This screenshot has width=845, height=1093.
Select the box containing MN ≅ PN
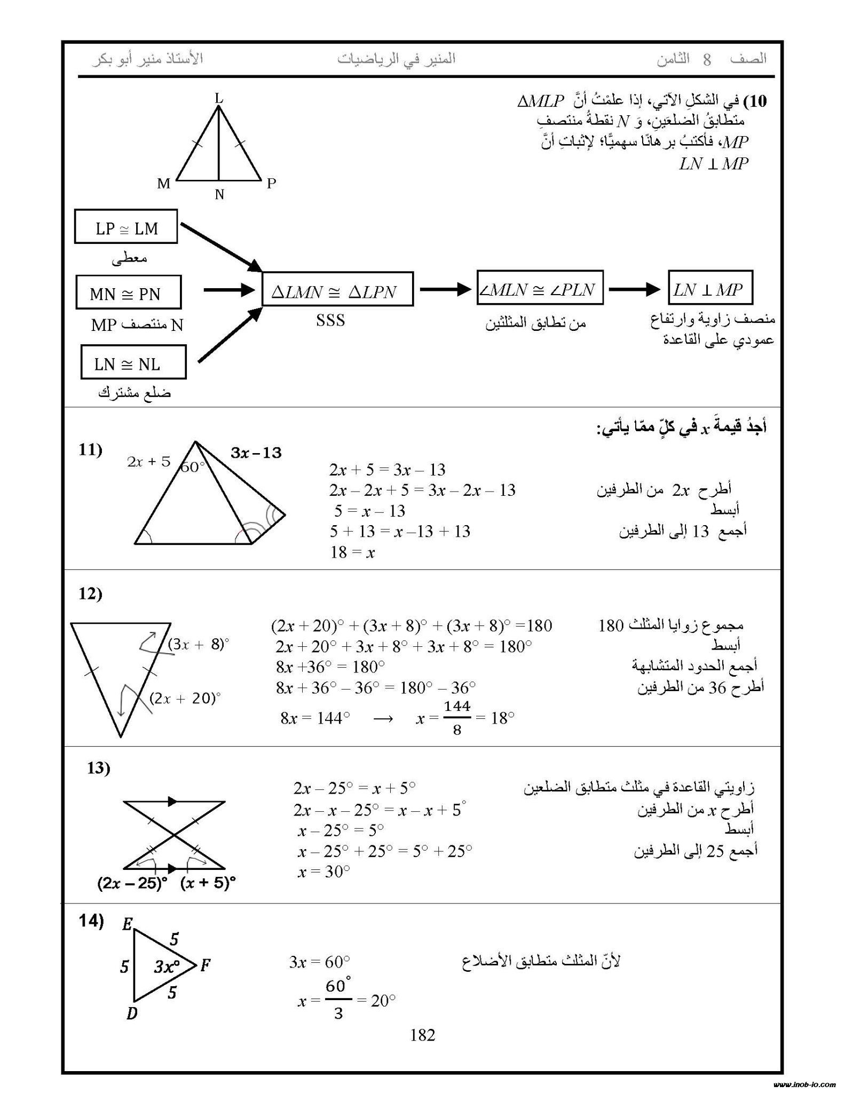point(128,292)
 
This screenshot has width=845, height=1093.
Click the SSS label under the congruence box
point(330,321)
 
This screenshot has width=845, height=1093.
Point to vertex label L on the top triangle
point(219,98)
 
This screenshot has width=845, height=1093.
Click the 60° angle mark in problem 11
point(193,468)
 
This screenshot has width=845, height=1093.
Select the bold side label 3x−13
point(256,453)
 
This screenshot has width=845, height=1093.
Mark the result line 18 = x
point(352,552)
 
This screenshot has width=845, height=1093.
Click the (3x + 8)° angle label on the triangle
point(198,644)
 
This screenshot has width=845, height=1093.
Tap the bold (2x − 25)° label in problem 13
point(132,883)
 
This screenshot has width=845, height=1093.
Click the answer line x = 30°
point(324,872)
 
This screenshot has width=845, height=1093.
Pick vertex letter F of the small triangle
point(206,965)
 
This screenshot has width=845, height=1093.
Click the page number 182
point(422,1035)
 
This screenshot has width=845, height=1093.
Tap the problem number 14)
point(91,921)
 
